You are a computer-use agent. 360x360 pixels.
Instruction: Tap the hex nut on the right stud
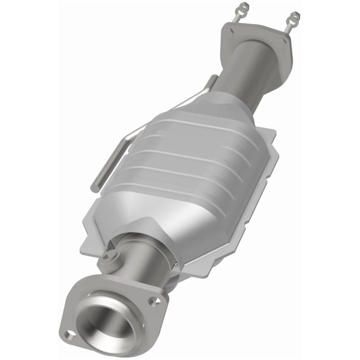coord(295,16)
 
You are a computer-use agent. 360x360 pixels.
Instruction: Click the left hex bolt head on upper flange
coord(231,31)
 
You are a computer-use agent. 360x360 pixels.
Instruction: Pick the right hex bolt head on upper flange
coord(283,41)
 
